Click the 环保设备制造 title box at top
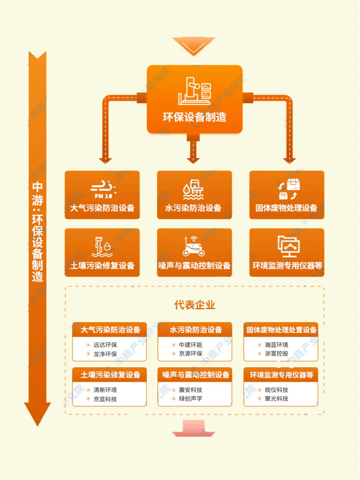194,117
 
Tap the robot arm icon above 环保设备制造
194,91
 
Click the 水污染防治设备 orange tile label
193,208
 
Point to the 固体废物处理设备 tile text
286,208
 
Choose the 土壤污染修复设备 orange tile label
102,266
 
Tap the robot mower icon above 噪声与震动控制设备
194,247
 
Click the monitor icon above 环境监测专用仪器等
288,246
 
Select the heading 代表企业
194,305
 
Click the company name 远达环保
105,345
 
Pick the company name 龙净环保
105,354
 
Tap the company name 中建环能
190,345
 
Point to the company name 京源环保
190,354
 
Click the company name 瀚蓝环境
276,345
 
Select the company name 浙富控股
276,354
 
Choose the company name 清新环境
105,390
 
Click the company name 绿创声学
190,399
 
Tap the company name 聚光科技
276,399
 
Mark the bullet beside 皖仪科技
259,390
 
